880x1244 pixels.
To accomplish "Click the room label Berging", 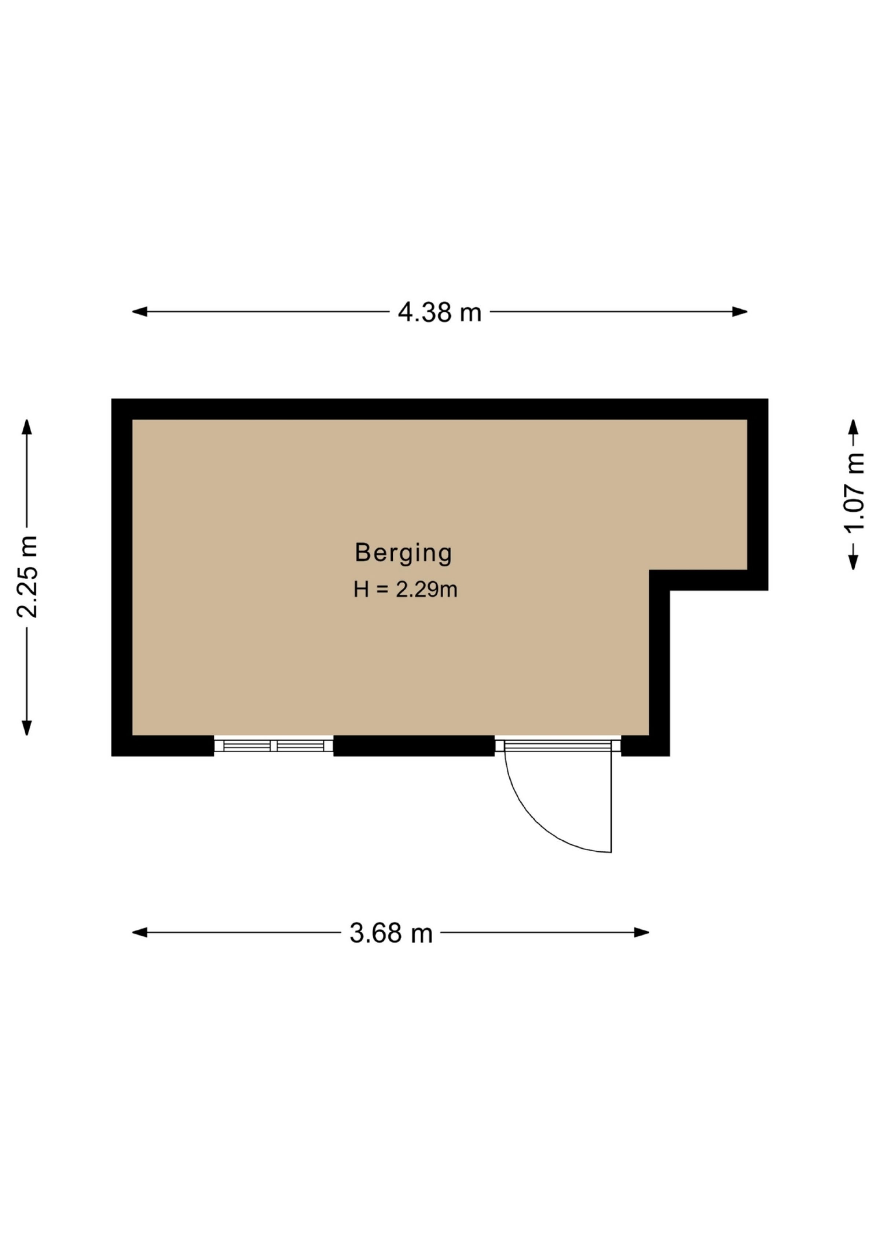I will click(403, 553).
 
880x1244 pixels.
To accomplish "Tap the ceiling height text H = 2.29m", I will click(405, 590).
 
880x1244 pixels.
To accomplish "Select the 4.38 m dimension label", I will click(440, 313).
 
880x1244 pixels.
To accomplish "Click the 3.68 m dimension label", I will click(391, 933).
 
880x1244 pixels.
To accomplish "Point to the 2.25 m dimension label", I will click(27, 577).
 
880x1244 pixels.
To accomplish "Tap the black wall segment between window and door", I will click(414, 746).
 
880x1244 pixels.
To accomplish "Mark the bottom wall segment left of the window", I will click(162, 746).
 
